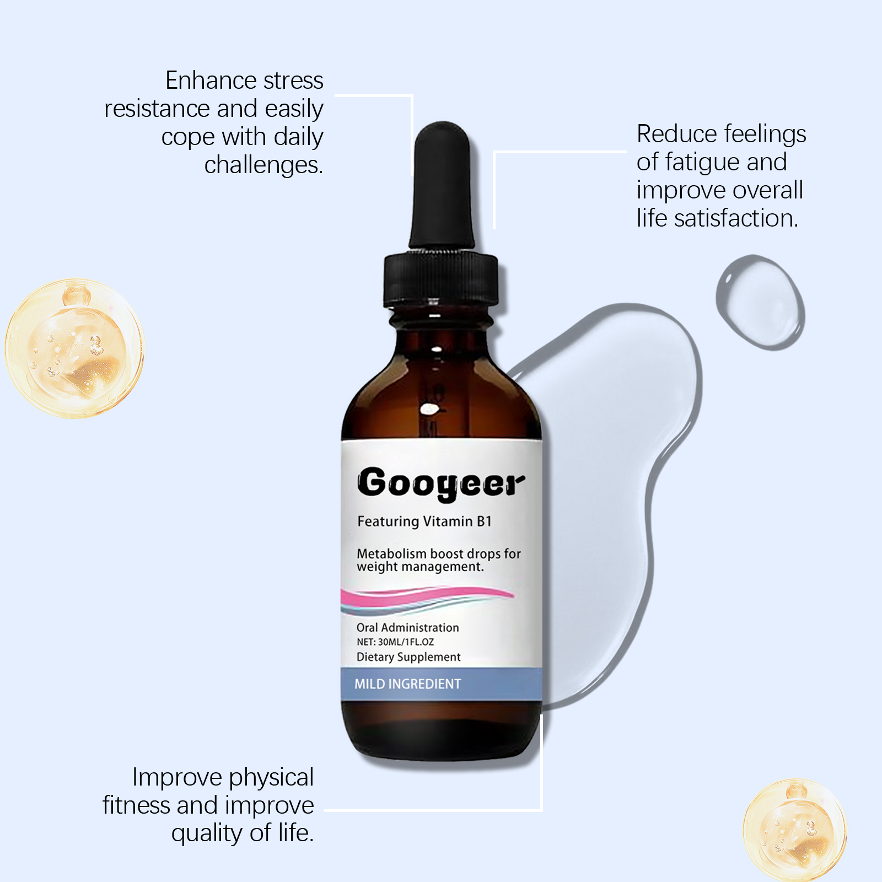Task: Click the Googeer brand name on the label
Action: [x=441, y=483]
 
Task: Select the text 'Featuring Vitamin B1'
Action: [x=424, y=521]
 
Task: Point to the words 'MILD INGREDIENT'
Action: [x=408, y=684]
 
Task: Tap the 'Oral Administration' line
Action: [x=407, y=627]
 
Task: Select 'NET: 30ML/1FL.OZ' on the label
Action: [x=395, y=642]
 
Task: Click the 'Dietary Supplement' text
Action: [x=408, y=657]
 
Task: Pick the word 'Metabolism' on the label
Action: [x=391, y=553]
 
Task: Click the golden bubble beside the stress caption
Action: [x=74, y=348]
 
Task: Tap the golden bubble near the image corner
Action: [x=794, y=829]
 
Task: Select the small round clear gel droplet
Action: [x=761, y=302]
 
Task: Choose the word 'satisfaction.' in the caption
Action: [x=736, y=218]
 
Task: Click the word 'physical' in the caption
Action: [x=271, y=778]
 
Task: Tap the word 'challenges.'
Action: [x=263, y=164]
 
